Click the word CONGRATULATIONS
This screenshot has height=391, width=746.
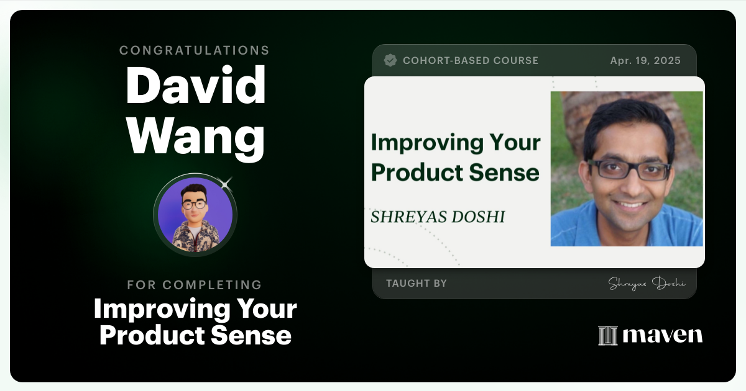(x=195, y=50)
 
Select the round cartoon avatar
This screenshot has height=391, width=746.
(x=195, y=214)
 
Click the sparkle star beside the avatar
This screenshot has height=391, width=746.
(x=226, y=183)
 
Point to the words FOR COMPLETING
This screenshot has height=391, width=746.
(x=195, y=285)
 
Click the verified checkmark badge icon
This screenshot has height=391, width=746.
(x=390, y=60)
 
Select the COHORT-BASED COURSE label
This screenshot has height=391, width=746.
(x=471, y=60)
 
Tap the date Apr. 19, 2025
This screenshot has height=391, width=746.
(x=645, y=60)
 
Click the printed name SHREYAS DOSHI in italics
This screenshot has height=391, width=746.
(x=438, y=217)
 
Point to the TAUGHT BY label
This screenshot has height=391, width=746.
(x=416, y=283)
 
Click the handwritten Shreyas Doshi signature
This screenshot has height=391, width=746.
(x=647, y=284)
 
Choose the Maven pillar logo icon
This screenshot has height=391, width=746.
(x=607, y=336)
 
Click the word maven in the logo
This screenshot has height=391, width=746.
(x=663, y=335)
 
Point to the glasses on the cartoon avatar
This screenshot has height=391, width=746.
(x=195, y=204)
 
